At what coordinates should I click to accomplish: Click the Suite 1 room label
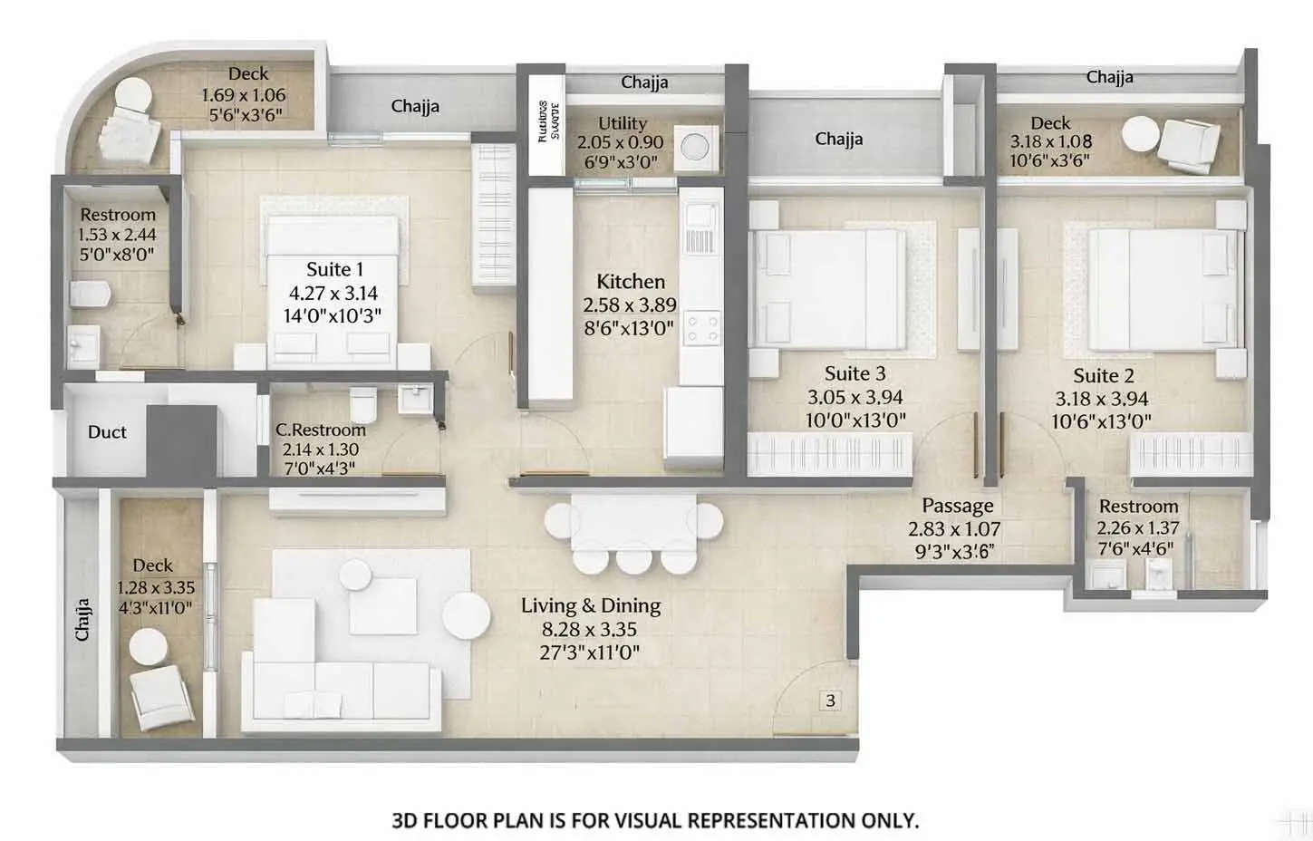[x=334, y=269]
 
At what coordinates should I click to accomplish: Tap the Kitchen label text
[x=631, y=282]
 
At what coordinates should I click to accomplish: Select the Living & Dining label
[x=590, y=605]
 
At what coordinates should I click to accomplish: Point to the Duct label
[x=107, y=432]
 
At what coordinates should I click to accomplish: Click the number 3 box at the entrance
[x=830, y=701]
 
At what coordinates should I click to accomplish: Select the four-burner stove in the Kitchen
[x=702, y=328]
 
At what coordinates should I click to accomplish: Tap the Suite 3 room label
[x=854, y=373]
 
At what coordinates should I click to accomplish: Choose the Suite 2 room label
[x=1103, y=375]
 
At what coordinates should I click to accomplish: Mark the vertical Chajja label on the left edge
[x=82, y=619]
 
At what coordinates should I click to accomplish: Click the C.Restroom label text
[x=321, y=430]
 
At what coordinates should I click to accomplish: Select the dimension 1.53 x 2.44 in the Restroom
[x=117, y=235]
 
